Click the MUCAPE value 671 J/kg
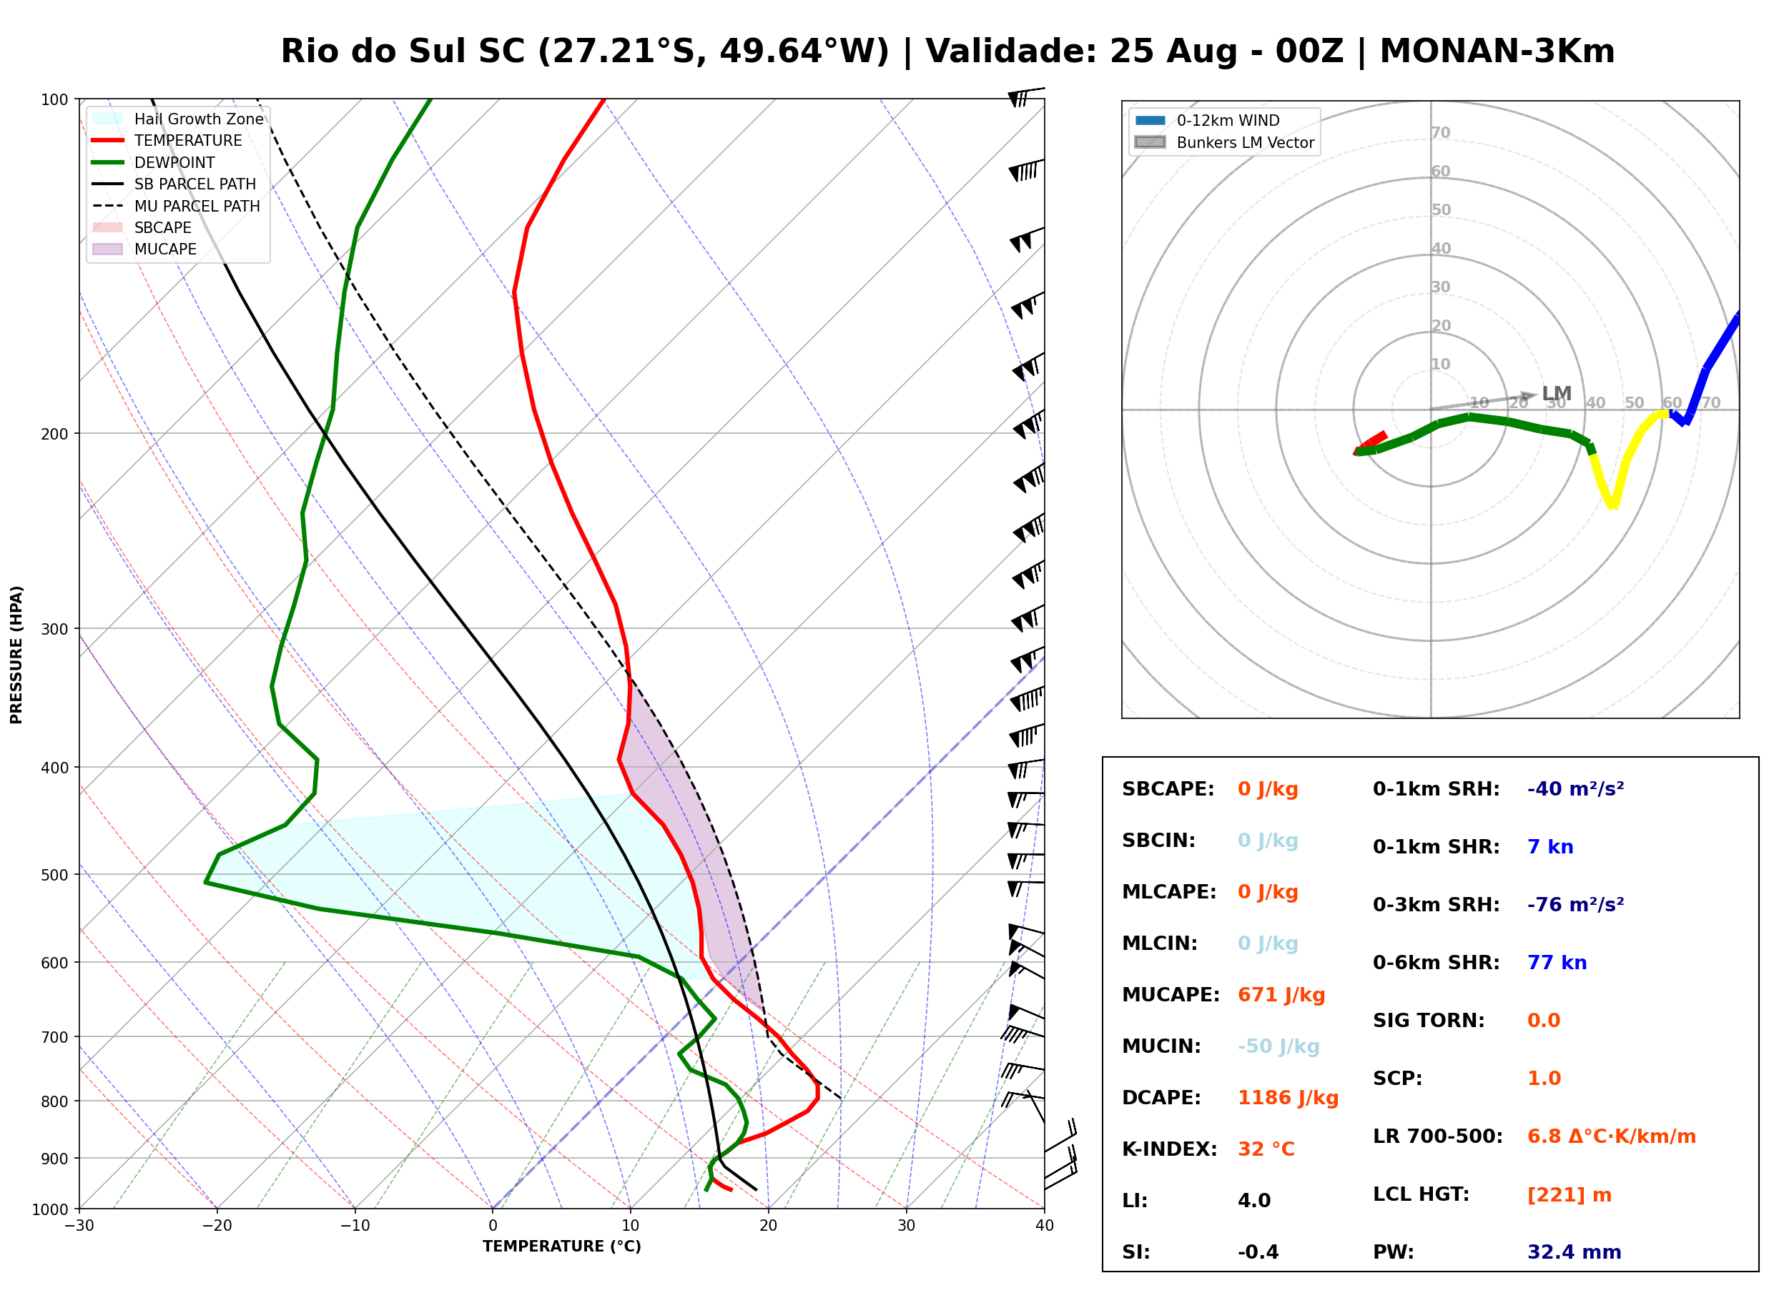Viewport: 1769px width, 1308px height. (1281, 994)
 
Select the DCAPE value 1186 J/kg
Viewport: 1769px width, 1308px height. (1288, 1097)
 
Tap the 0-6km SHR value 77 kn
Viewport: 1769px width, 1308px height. (1557, 962)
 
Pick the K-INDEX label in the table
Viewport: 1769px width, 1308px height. (1170, 1149)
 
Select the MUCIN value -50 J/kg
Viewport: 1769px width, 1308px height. (1278, 1046)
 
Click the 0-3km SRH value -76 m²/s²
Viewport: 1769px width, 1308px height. (1575, 904)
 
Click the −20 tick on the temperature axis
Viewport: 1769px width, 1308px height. (217, 1226)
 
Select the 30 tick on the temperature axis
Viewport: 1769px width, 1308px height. (907, 1226)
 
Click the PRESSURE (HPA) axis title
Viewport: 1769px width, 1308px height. (16, 654)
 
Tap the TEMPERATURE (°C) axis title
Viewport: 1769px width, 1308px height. (561, 1247)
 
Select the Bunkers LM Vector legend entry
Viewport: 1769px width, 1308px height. (1224, 142)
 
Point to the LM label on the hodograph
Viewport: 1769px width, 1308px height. (1556, 394)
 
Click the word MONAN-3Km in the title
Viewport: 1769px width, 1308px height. (1497, 51)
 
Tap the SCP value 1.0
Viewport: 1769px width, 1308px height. (1544, 1078)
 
